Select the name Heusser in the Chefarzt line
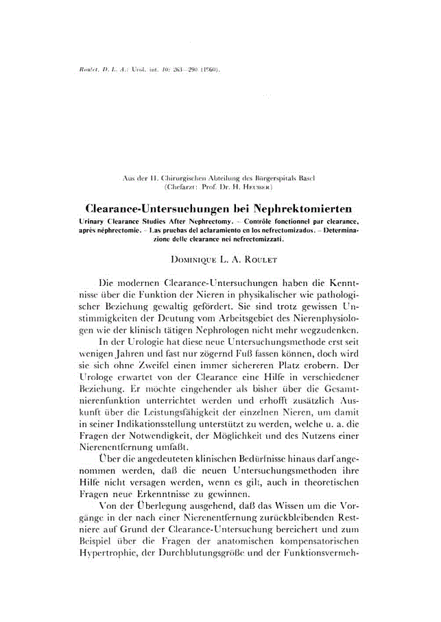pyautogui.click(x=260, y=186)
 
